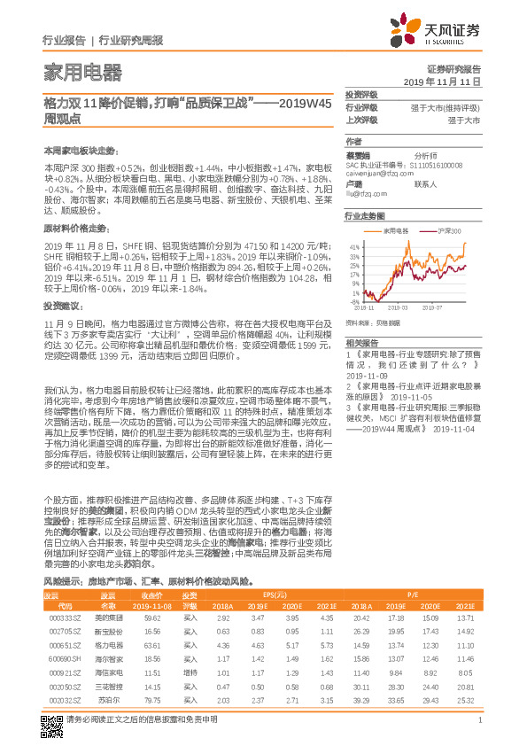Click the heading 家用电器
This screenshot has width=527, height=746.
[83, 72]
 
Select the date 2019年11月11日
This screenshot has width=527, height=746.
[447, 81]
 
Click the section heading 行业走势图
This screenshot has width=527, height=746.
[365, 215]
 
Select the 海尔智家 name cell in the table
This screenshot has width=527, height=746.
[108, 634]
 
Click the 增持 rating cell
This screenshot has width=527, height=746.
[190, 649]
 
